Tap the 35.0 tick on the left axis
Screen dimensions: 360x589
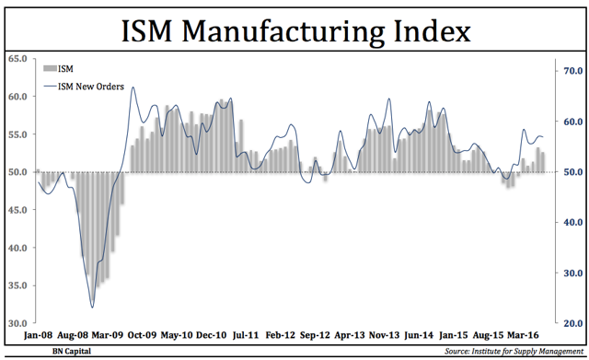pyautogui.click(x=17, y=285)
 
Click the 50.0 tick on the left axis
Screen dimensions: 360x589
pyautogui.click(x=17, y=172)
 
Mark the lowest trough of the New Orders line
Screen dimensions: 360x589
pyautogui.click(x=92, y=307)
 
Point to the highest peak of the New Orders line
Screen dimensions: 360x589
pyautogui.click(x=133, y=88)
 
